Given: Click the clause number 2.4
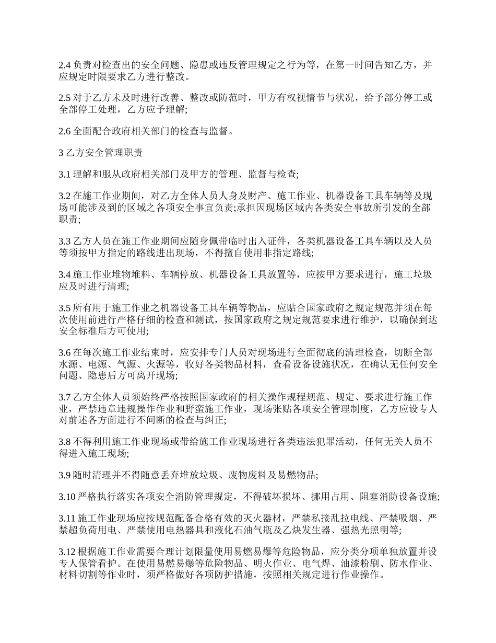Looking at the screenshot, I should point(64,65).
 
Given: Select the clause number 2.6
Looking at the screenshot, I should point(64,131).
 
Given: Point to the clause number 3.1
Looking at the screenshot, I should point(64,175).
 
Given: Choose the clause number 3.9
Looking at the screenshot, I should point(64,475).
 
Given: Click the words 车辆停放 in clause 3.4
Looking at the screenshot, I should point(182,274).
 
